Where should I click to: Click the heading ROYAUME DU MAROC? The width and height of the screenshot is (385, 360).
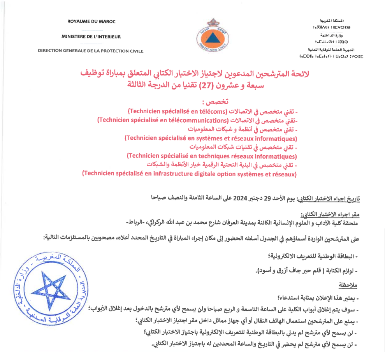click(x=91, y=22)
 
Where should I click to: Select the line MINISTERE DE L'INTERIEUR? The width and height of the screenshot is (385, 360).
click(x=91, y=37)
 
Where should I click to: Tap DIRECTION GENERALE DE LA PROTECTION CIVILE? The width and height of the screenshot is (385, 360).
click(x=91, y=51)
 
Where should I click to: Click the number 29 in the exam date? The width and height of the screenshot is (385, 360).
click(x=272, y=197)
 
